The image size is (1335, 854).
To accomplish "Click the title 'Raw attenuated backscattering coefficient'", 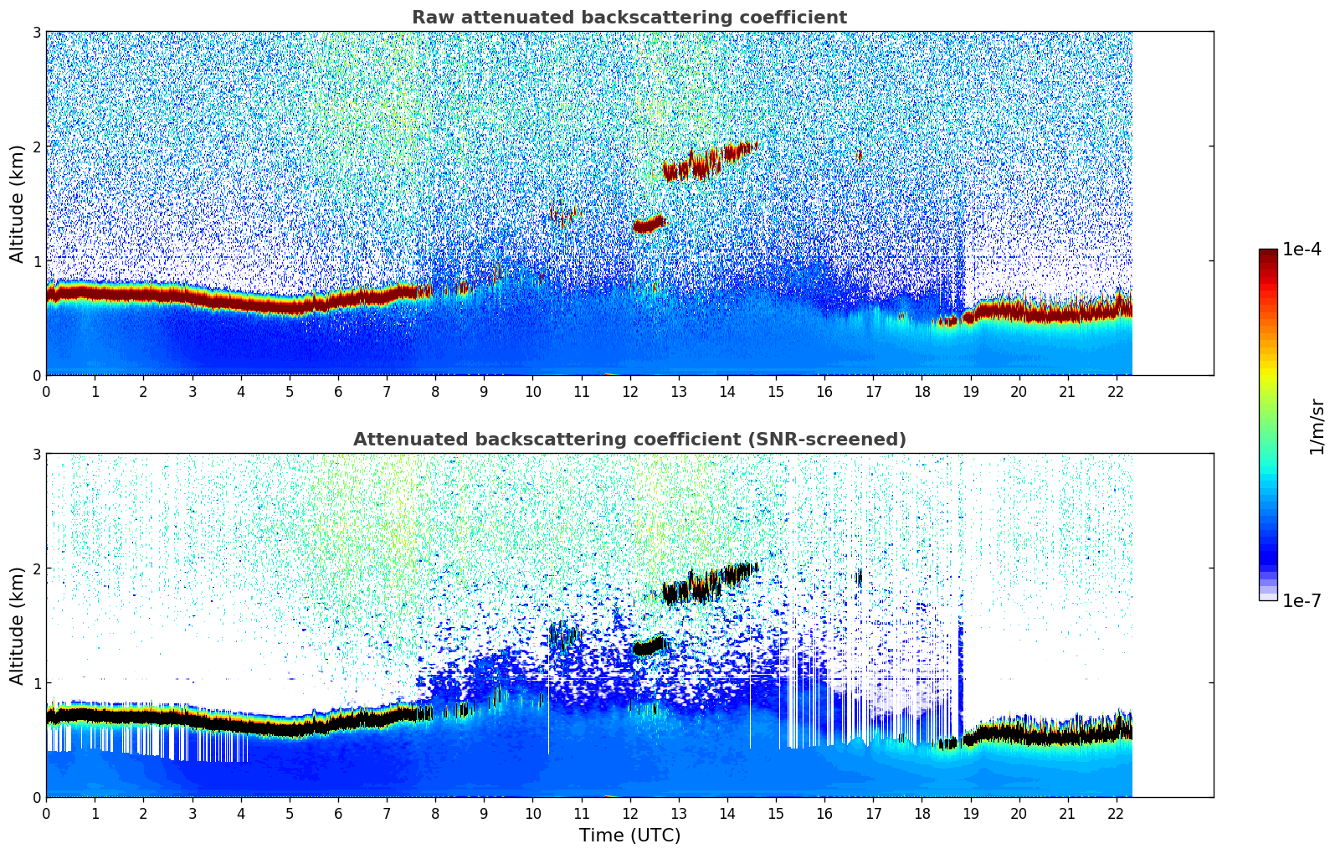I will pos(629,18).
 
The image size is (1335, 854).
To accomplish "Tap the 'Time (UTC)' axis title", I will pos(629,836).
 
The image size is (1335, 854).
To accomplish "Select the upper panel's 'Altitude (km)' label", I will pos(17,203).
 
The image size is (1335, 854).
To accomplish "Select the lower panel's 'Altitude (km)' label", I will pos(17,625).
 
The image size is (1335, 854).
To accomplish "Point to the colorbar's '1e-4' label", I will pos(1302,250).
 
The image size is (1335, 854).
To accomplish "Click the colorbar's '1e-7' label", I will pos(1302,600).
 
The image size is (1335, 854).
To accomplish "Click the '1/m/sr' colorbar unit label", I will pos(1317,426).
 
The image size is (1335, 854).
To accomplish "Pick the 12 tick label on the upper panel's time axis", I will pos(629,392).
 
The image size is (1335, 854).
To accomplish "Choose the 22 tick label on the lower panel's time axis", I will pos(1116,814).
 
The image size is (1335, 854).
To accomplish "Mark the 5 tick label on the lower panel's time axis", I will pos(290,814).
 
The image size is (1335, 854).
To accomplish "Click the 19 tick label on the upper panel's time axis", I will pos(970,392).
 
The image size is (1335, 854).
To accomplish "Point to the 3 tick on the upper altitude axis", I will pos(37,32).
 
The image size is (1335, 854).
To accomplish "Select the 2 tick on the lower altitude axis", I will pos(37,568).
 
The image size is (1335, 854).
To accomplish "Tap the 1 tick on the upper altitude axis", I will pos(37,261).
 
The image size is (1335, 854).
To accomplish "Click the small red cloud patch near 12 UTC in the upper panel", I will pos(648,224).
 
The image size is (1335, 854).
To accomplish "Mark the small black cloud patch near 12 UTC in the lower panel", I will pos(648,646).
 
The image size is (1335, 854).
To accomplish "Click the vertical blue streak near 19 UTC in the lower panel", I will pos(960,670).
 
